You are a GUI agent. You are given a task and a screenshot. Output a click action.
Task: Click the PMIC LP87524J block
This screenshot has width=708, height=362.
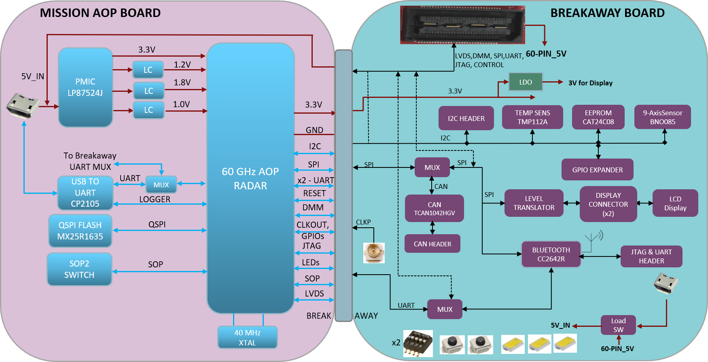[85, 87]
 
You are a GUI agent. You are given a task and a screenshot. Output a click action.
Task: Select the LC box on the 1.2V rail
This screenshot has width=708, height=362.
[148, 70]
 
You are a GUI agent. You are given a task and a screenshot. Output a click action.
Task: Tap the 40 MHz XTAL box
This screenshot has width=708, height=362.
[247, 337]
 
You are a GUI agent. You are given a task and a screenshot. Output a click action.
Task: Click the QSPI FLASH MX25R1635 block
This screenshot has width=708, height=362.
[80, 231]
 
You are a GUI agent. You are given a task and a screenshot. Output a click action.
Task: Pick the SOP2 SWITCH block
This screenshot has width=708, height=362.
[79, 269]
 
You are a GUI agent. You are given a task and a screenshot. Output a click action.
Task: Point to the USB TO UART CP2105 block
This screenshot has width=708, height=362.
[85, 193]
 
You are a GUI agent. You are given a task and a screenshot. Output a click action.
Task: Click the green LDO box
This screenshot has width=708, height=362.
[525, 82]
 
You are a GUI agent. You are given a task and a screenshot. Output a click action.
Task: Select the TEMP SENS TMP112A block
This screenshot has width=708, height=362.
[532, 117]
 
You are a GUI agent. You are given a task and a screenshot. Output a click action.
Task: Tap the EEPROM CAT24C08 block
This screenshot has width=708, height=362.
[598, 117]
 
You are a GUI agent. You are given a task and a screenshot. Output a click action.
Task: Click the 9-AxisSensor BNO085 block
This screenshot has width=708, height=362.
[662, 117]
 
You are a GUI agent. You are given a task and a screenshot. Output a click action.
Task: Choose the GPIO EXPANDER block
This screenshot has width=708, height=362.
[597, 170]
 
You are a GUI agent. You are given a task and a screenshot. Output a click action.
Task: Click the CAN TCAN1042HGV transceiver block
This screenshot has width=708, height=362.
[434, 208]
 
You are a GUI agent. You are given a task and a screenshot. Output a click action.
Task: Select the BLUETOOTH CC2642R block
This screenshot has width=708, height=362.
[551, 254]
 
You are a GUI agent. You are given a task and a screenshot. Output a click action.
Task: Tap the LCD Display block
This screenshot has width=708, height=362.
[675, 203]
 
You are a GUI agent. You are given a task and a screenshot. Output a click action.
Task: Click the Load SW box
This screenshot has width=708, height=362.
[618, 325]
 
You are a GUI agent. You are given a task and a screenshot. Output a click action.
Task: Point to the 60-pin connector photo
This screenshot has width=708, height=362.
[462, 25]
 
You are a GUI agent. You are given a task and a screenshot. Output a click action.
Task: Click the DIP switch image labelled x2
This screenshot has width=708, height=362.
[418, 343]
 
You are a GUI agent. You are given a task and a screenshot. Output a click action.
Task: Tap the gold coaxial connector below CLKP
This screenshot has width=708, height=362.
[374, 253]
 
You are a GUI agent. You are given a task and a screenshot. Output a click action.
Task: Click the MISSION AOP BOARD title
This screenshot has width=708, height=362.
[100, 13]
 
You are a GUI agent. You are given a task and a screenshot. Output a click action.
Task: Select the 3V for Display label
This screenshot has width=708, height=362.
[590, 83]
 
